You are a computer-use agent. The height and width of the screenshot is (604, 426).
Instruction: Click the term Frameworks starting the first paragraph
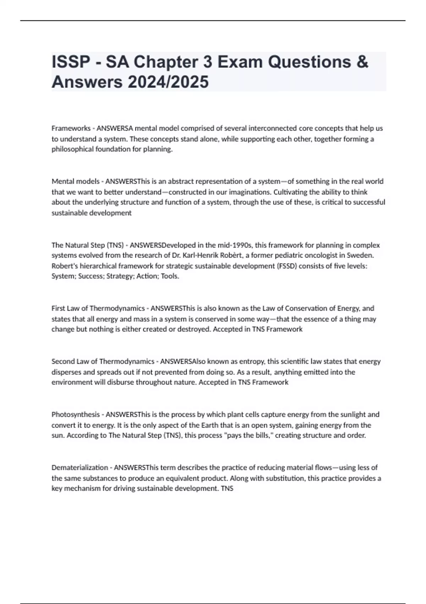[x=71, y=128]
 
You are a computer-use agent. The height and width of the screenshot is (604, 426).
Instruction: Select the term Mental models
[x=76, y=182]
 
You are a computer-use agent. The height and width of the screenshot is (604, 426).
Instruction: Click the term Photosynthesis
[x=76, y=415]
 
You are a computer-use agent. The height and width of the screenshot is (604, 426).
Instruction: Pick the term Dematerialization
[x=80, y=468]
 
